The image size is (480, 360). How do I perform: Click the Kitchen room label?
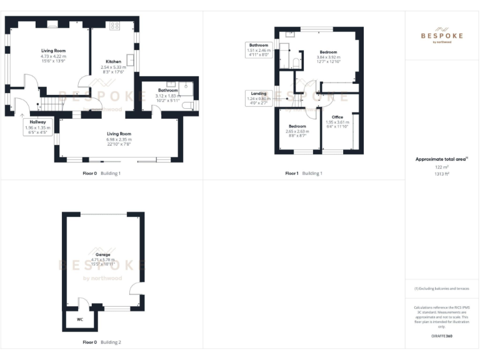[113, 61]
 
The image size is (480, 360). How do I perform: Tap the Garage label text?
[103, 254]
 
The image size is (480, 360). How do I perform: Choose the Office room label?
[337, 117]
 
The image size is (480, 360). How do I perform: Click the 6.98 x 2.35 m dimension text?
[119, 139]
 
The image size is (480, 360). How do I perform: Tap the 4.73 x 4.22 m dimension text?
[53, 56]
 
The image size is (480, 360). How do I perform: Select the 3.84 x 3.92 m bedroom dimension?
[328, 57]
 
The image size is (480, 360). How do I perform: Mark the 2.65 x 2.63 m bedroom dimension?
[297, 131]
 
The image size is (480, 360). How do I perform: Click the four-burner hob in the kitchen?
[115, 26]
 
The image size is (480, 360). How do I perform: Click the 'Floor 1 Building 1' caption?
[304, 173]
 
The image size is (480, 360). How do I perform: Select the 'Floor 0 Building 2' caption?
[102, 342]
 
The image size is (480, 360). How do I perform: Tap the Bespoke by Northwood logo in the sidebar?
[441, 35]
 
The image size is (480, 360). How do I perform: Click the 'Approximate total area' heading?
[441, 159]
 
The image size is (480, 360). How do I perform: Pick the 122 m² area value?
[441, 167]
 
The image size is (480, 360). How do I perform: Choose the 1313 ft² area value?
[441, 174]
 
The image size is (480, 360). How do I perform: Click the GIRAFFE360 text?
[441, 336]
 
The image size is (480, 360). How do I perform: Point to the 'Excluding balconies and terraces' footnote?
[441, 289]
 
